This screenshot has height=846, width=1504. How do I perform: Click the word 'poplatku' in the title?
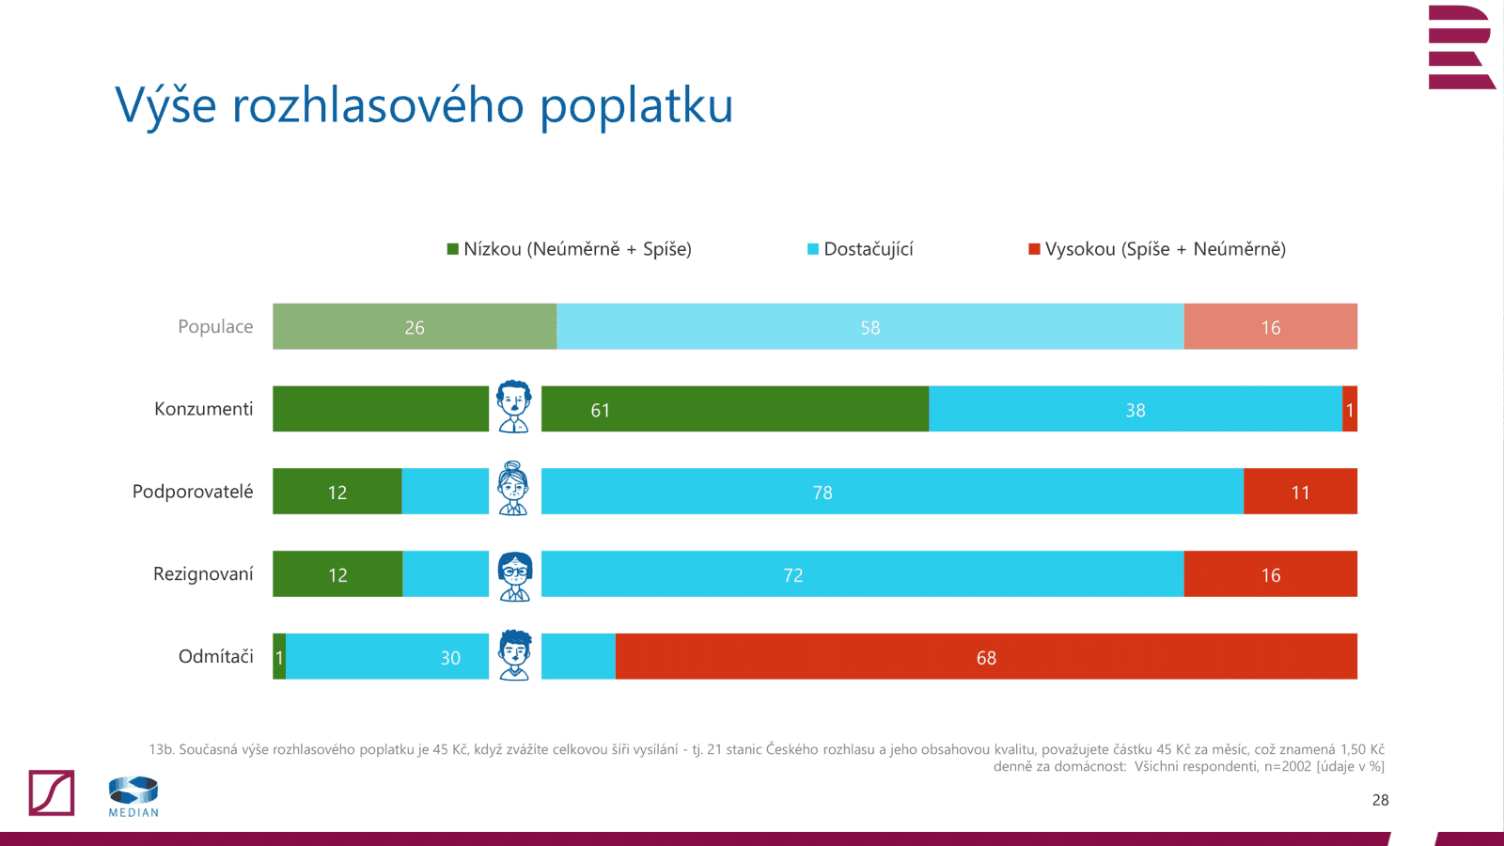click(635, 106)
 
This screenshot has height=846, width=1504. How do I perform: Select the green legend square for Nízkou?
click(452, 249)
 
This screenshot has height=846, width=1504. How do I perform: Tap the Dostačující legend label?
click(868, 249)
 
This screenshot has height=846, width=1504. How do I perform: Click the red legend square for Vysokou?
click(1034, 249)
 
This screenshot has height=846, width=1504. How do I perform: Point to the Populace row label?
click(215, 326)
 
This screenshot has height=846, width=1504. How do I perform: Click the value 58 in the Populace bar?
click(869, 328)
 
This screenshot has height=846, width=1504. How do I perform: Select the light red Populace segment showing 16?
click(1270, 327)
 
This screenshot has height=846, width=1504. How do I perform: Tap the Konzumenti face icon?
click(514, 407)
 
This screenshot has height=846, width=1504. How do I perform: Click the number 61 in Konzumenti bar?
click(600, 411)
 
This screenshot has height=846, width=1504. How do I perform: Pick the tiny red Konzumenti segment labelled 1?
click(1350, 410)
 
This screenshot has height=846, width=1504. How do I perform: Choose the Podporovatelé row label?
click(193, 492)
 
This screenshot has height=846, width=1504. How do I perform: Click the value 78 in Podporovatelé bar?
click(822, 493)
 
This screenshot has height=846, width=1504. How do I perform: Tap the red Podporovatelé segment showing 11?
click(1300, 493)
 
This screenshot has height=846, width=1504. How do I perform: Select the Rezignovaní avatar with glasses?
click(514, 575)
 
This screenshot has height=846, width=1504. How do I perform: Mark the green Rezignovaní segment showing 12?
click(337, 575)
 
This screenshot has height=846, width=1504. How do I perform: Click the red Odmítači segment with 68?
click(986, 658)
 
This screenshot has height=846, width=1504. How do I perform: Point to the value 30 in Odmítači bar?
click(450, 658)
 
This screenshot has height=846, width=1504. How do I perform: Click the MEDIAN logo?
click(133, 796)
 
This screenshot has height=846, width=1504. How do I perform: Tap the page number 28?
click(1380, 800)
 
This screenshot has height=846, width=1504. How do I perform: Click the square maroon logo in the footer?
click(52, 792)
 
